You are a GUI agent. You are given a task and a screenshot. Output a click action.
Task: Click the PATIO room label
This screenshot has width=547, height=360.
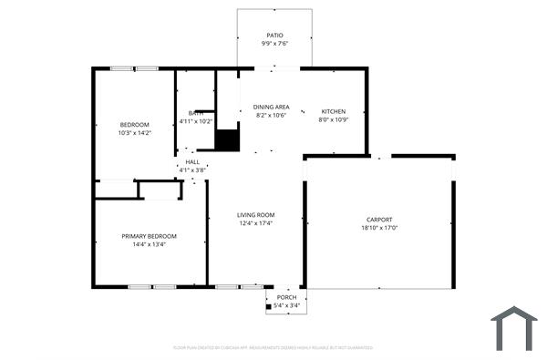pos(274,36)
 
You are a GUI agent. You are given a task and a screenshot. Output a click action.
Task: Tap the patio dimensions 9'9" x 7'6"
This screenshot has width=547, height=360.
pos(274,44)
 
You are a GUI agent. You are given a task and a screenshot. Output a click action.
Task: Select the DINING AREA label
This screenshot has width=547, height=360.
pos(272,108)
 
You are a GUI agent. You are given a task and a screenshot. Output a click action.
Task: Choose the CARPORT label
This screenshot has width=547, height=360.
pos(379,220)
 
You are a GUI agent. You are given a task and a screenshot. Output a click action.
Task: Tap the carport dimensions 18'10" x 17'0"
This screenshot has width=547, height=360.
pos(379,229)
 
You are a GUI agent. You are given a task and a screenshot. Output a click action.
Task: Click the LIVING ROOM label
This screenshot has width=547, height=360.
pos(256,214)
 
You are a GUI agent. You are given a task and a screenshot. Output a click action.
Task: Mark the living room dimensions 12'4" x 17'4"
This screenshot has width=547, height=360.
pos(256,223)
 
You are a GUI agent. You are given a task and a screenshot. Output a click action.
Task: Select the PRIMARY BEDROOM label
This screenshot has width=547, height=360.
pos(150,236)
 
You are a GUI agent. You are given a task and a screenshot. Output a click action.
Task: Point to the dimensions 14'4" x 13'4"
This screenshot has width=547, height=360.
pos(150,244)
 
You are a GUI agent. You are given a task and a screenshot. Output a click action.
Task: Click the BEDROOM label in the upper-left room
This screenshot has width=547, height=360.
pos(134,124)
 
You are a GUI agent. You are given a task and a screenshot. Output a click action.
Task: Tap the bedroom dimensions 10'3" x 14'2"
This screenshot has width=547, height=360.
pos(134,133)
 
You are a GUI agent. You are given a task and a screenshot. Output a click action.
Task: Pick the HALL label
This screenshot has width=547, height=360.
pos(192,161)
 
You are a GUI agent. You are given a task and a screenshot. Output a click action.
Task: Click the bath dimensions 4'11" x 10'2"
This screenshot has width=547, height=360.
pos(195,121)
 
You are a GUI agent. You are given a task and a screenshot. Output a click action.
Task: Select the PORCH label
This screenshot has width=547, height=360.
pos(287,297)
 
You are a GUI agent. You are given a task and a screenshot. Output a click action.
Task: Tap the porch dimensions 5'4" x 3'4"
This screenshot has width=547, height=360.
pos(287,305)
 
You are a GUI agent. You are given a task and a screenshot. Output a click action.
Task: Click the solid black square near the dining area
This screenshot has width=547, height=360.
pos(226,141)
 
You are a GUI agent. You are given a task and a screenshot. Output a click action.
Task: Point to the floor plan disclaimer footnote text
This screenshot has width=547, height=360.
pos(273,347)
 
